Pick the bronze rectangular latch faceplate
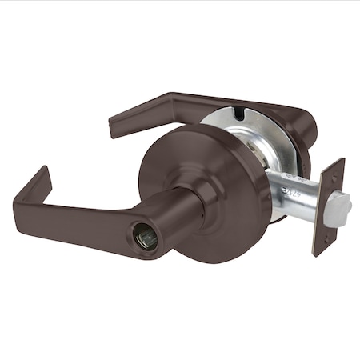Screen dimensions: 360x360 (328, 206)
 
